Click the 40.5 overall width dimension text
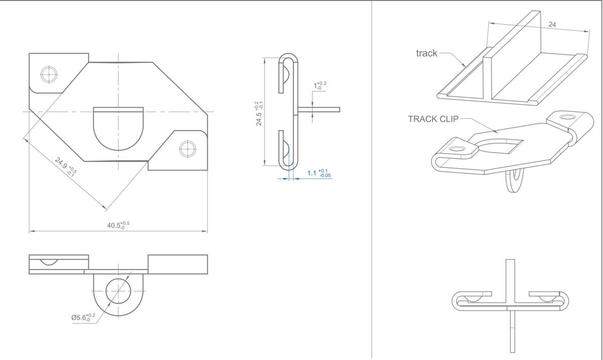point(118,225)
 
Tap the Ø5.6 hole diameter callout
point(83,317)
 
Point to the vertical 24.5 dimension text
point(259,113)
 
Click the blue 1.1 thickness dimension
point(319,173)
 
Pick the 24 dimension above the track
point(552,25)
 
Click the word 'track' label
point(427,53)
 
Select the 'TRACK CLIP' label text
point(433,119)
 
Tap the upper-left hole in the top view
point(49,74)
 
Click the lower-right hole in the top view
point(187,149)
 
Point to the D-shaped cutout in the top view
point(119,129)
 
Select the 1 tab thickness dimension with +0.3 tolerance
point(320,85)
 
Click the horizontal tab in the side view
point(319,110)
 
